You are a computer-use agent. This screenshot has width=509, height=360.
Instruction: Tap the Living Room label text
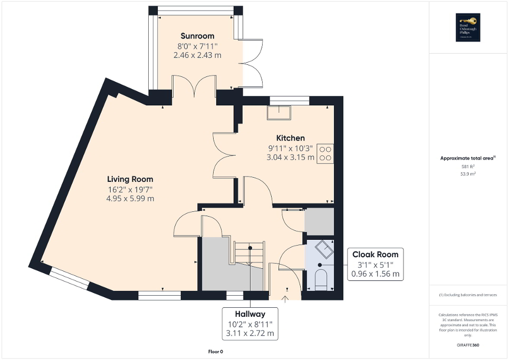pyautogui.click(x=131, y=179)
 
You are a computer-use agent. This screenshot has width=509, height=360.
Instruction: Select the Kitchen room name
pyautogui.click(x=291, y=138)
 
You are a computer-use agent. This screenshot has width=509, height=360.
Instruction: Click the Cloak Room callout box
pyautogui.click(x=376, y=264)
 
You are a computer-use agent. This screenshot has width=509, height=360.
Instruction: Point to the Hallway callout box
pyautogui.click(x=250, y=323)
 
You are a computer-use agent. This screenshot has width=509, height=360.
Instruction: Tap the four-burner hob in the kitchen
pyautogui.click(x=325, y=152)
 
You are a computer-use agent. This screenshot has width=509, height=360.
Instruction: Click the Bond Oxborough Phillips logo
pyautogui.click(x=468, y=27)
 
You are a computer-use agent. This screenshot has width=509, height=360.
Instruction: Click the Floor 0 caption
pyautogui.click(x=216, y=351)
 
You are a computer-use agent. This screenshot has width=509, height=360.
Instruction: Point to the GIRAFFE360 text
pyautogui.click(x=468, y=345)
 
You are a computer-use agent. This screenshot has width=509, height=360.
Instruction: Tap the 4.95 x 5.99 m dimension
pyautogui.click(x=131, y=198)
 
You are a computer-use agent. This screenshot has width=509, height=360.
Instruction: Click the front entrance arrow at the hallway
pyautogui.click(x=286, y=299)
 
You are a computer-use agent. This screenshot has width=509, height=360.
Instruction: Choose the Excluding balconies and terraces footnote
pyautogui.click(x=468, y=295)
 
